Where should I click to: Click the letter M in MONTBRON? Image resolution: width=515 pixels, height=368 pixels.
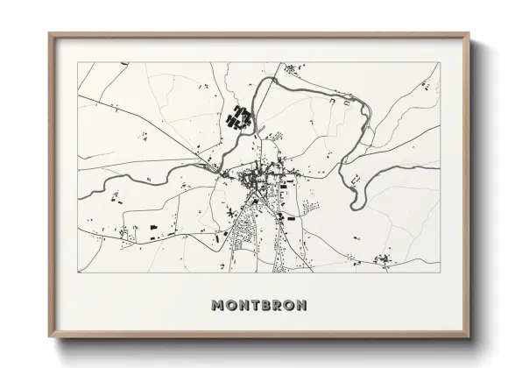pyautogui.click(x=217, y=306)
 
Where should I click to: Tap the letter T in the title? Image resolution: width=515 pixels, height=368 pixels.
pyautogui.click(x=253, y=306)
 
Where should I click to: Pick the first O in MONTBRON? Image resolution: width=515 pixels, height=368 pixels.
pyautogui.click(x=229, y=306)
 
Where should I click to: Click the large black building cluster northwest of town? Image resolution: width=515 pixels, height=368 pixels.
pyautogui.click(x=239, y=117)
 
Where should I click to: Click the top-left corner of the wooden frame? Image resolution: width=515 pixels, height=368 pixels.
pyautogui.click(x=50, y=34)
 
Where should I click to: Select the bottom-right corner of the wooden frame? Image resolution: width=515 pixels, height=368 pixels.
pyautogui.click(x=469, y=337)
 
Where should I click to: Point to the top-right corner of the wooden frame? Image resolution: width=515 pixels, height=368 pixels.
pyautogui.click(x=469, y=34)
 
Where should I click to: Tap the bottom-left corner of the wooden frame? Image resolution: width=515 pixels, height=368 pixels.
pyautogui.click(x=50, y=337)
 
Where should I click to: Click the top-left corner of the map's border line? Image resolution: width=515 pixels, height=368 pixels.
pyautogui.click(x=78, y=62)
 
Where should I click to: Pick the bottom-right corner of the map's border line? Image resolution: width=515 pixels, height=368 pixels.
pyautogui.click(x=440, y=272)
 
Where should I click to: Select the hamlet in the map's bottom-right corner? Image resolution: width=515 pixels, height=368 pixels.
pyautogui.click(x=384, y=259)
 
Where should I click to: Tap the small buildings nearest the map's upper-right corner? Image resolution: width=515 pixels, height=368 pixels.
pyautogui.click(x=427, y=85)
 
